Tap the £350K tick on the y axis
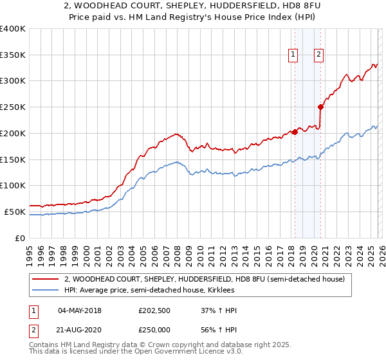click(x=13, y=55)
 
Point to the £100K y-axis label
click(x=13, y=186)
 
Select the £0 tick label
click(x=19, y=238)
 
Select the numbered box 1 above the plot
click(x=293, y=55)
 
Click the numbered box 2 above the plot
click(x=318, y=55)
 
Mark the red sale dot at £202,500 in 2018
click(x=295, y=132)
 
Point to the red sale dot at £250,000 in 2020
click(x=320, y=107)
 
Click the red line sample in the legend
click(x=46, y=279)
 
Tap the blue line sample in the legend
click(x=46, y=291)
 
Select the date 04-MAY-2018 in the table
click(x=79, y=311)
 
